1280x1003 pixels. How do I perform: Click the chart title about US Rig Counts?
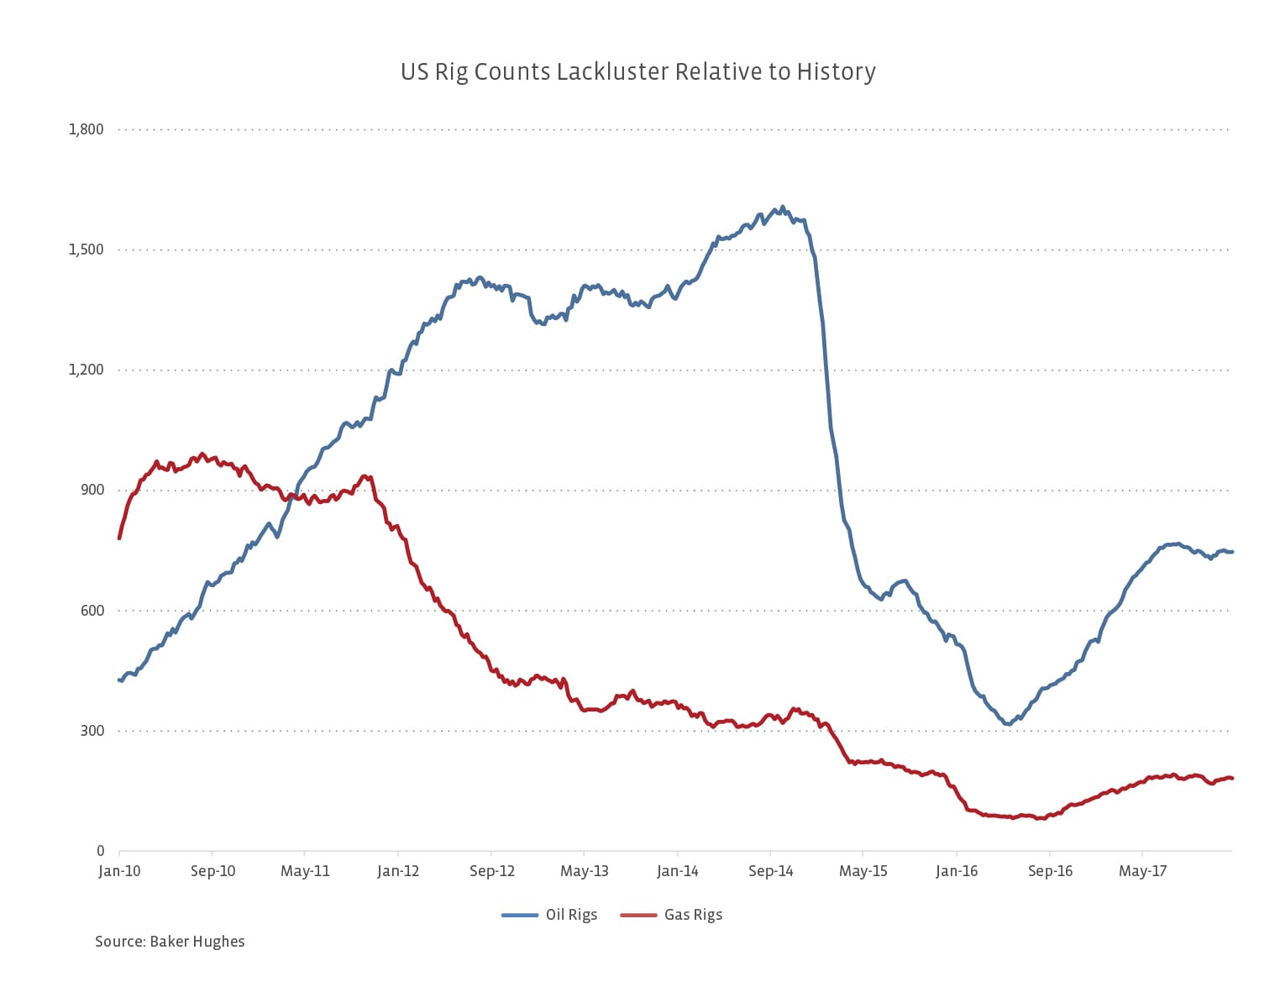[637, 72]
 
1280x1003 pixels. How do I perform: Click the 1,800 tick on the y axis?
[87, 129]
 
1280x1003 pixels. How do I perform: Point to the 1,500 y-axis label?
[87, 249]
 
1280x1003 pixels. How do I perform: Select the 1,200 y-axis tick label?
[87, 370]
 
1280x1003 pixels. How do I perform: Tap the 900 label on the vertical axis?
[92, 490]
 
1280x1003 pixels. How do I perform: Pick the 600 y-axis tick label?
[92, 610]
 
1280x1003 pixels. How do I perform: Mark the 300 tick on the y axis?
[92, 730]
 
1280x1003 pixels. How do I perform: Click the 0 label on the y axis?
[100, 851]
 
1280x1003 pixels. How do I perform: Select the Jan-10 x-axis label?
[119, 871]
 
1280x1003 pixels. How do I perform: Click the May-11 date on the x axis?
[305, 871]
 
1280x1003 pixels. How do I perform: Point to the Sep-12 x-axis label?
[491, 871]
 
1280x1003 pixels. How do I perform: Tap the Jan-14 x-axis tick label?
[677, 871]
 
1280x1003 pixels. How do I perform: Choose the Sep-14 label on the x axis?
[770, 871]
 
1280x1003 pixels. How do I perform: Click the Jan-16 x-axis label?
[957, 871]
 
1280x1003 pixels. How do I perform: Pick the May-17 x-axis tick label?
[1143, 871]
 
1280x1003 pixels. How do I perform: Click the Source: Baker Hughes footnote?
[170, 942]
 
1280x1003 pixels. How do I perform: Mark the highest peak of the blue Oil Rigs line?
[783, 206]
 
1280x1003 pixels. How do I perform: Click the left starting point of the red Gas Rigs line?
[119, 538]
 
